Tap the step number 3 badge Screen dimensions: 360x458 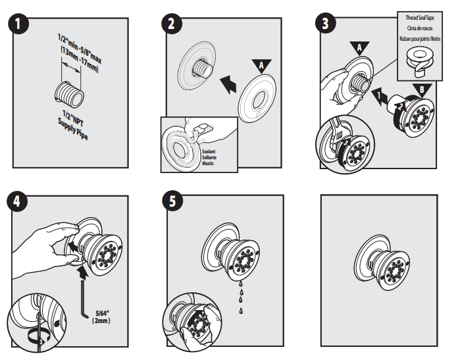click(x=325, y=24)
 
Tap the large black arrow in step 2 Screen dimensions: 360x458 click(x=228, y=84)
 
